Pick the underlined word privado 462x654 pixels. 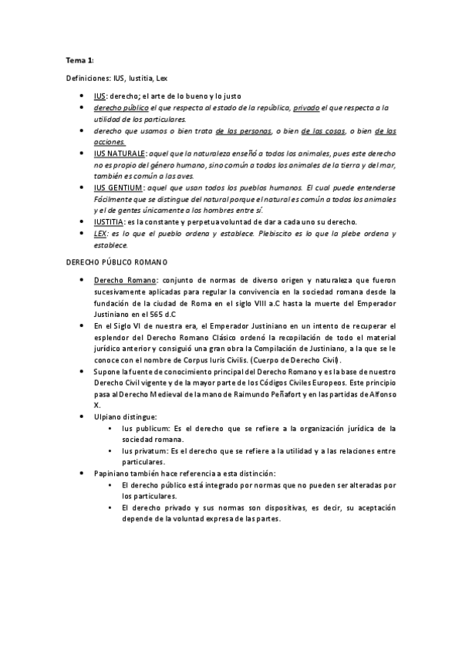[x=306, y=108]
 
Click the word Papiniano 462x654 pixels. [x=113, y=473]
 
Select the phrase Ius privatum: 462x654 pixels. [x=147, y=450]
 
